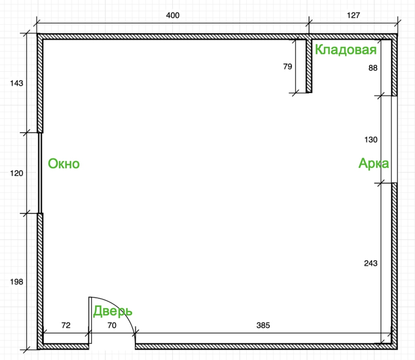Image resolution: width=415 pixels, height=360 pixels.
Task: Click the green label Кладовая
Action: click(346, 49)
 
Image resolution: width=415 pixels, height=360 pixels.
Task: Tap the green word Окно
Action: click(64, 164)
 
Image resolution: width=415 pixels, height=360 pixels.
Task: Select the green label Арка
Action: click(373, 163)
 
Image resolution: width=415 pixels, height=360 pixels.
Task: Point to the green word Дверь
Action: click(113, 311)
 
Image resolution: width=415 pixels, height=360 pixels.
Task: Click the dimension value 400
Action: click(173, 15)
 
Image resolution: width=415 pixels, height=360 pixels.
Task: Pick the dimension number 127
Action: click(353, 15)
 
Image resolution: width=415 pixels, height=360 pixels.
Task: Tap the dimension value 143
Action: click(17, 83)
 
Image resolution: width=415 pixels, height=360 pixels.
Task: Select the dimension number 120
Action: click(17, 173)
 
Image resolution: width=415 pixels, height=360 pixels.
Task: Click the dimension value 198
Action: click(17, 282)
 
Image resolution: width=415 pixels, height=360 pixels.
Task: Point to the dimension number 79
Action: click(287, 66)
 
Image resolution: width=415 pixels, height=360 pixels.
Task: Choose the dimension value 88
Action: click(373, 68)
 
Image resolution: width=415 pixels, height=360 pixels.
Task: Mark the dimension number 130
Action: click(371, 139)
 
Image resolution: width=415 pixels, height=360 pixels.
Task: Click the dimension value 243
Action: click(371, 263)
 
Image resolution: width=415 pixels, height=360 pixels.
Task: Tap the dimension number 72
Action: click(66, 325)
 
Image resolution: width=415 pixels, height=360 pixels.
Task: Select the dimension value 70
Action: click(112, 325)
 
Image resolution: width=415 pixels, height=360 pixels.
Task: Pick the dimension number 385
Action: click(263, 325)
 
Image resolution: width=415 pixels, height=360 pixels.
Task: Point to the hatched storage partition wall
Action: click(309, 66)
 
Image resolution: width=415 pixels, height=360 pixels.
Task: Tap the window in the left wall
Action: click(40, 173)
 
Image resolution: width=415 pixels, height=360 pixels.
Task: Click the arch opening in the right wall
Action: click(394, 139)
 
